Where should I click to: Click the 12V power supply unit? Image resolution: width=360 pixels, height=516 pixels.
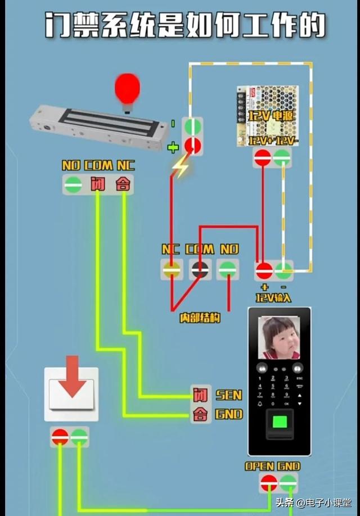pos(267,115)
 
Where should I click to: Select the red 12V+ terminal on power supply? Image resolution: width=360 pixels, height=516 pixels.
pos(262,159)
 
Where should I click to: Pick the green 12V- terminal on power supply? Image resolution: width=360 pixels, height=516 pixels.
pos(282,159)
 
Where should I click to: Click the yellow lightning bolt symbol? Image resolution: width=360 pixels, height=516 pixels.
pos(180,167)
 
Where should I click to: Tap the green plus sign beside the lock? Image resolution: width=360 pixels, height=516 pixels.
pos(173,148)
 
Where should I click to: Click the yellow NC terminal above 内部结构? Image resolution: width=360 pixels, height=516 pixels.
pos(171,270)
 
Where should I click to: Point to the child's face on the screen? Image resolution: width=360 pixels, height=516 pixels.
pos(278,338)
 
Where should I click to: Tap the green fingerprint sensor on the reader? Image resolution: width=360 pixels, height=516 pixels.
pos(279,423)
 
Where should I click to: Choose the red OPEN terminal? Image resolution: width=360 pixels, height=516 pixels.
pos(268,483)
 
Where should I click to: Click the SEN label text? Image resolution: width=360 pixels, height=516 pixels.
pos(229,395)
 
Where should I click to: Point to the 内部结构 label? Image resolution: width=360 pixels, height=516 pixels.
pos(200,318)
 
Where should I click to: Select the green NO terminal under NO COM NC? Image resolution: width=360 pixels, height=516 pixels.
pos(73,185)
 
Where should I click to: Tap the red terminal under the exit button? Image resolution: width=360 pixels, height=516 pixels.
pos(60,436)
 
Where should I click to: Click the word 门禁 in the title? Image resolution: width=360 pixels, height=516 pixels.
pos(74,25)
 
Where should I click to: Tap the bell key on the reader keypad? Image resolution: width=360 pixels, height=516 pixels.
pos(260,404)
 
